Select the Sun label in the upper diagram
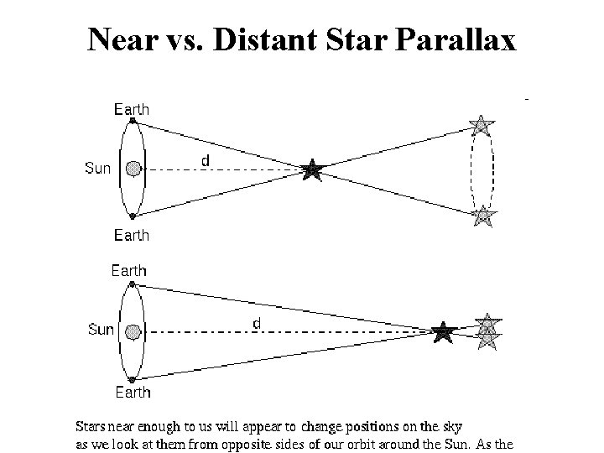coord(98,169)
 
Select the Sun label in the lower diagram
coord(101,330)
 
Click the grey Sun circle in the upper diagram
coord(132,169)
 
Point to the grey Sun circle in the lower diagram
coord(132,332)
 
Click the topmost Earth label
coord(132,109)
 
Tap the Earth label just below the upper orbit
coord(132,236)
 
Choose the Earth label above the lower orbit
coord(128,270)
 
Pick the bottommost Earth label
coord(132,392)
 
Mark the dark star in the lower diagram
coord(443,332)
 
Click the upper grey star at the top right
coord(482,126)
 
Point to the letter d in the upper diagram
coord(206,159)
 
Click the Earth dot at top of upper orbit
coord(132,121)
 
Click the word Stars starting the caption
coord(91,426)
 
